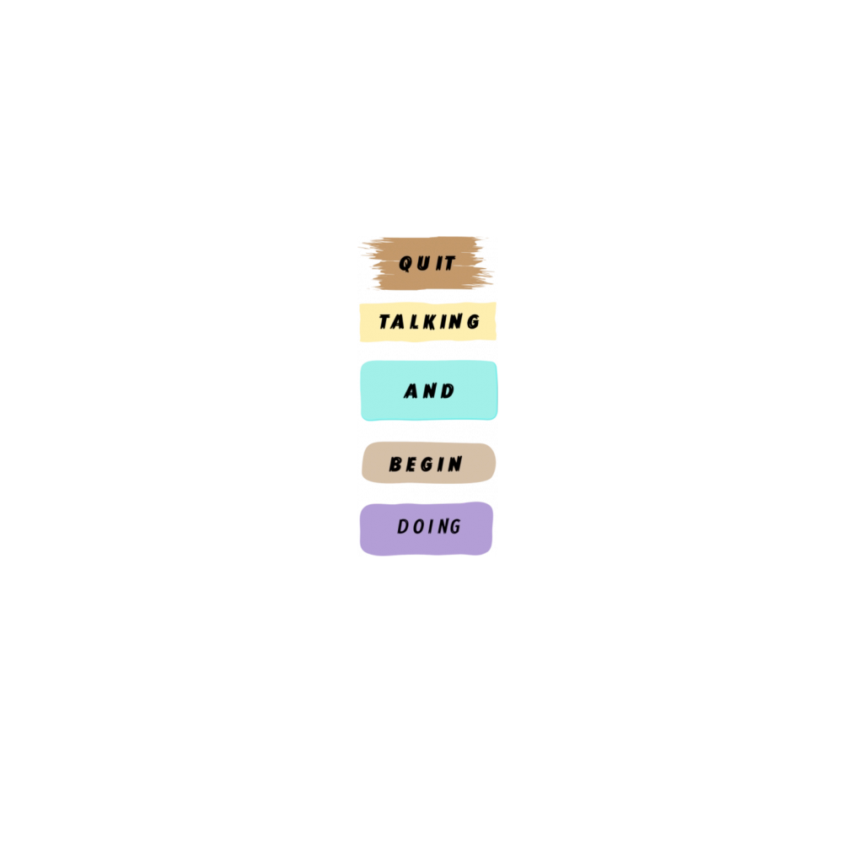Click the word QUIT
(427, 264)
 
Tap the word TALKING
(429, 322)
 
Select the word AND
(429, 391)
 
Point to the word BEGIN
(427, 464)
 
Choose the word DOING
(429, 527)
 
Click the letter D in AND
(448, 391)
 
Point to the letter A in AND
(411, 392)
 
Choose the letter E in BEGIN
(411, 464)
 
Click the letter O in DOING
(419, 527)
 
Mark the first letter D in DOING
(403, 527)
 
